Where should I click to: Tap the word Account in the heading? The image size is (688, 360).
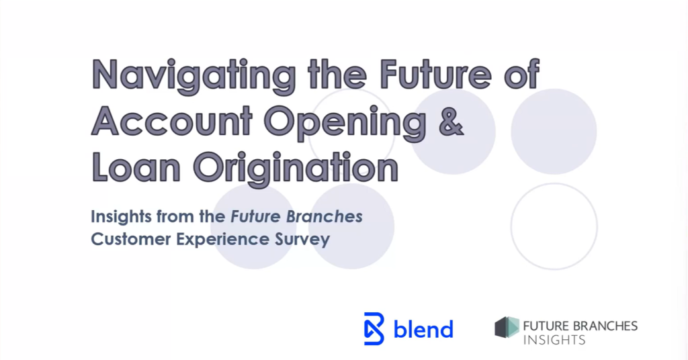point(171,120)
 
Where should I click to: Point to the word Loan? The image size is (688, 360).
point(136,167)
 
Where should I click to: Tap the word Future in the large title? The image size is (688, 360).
point(435,74)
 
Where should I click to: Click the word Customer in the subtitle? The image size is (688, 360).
point(131,239)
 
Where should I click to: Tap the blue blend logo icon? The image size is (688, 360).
point(374,328)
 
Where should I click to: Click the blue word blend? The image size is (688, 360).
point(423,329)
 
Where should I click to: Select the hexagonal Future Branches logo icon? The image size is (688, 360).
point(507,327)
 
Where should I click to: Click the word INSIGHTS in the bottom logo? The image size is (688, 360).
point(554,340)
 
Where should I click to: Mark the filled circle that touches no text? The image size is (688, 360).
point(554,132)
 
